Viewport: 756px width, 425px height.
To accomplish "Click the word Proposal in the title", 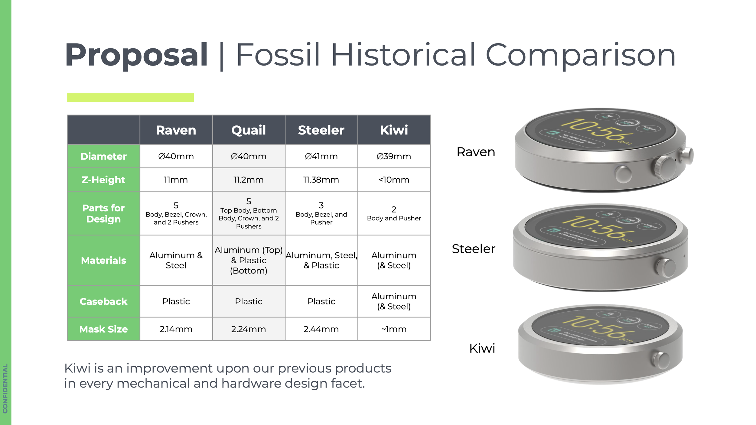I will [x=136, y=55].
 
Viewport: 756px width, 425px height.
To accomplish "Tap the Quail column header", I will [x=249, y=130].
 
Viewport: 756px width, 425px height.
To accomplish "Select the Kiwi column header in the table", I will [x=394, y=130].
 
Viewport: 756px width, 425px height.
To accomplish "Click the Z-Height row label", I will [x=103, y=180].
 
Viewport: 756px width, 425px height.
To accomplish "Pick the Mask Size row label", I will [x=103, y=329].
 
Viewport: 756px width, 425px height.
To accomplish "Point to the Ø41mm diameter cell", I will [x=321, y=156].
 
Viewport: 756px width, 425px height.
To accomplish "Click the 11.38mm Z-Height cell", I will [x=321, y=180].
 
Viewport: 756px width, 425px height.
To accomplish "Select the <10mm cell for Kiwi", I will [x=394, y=180].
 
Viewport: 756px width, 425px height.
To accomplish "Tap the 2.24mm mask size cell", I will [x=249, y=329].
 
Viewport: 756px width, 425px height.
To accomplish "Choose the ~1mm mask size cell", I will [x=394, y=329].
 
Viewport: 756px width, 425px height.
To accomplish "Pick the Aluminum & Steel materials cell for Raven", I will [x=176, y=260].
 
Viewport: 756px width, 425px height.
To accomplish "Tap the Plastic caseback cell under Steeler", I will [x=321, y=301].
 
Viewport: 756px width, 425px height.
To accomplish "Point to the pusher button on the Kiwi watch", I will [x=661, y=361].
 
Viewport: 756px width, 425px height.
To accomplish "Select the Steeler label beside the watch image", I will [x=473, y=249].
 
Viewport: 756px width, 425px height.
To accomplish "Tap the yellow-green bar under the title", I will [x=130, y=97].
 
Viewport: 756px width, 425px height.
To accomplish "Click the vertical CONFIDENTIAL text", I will [x=5, y=388].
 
